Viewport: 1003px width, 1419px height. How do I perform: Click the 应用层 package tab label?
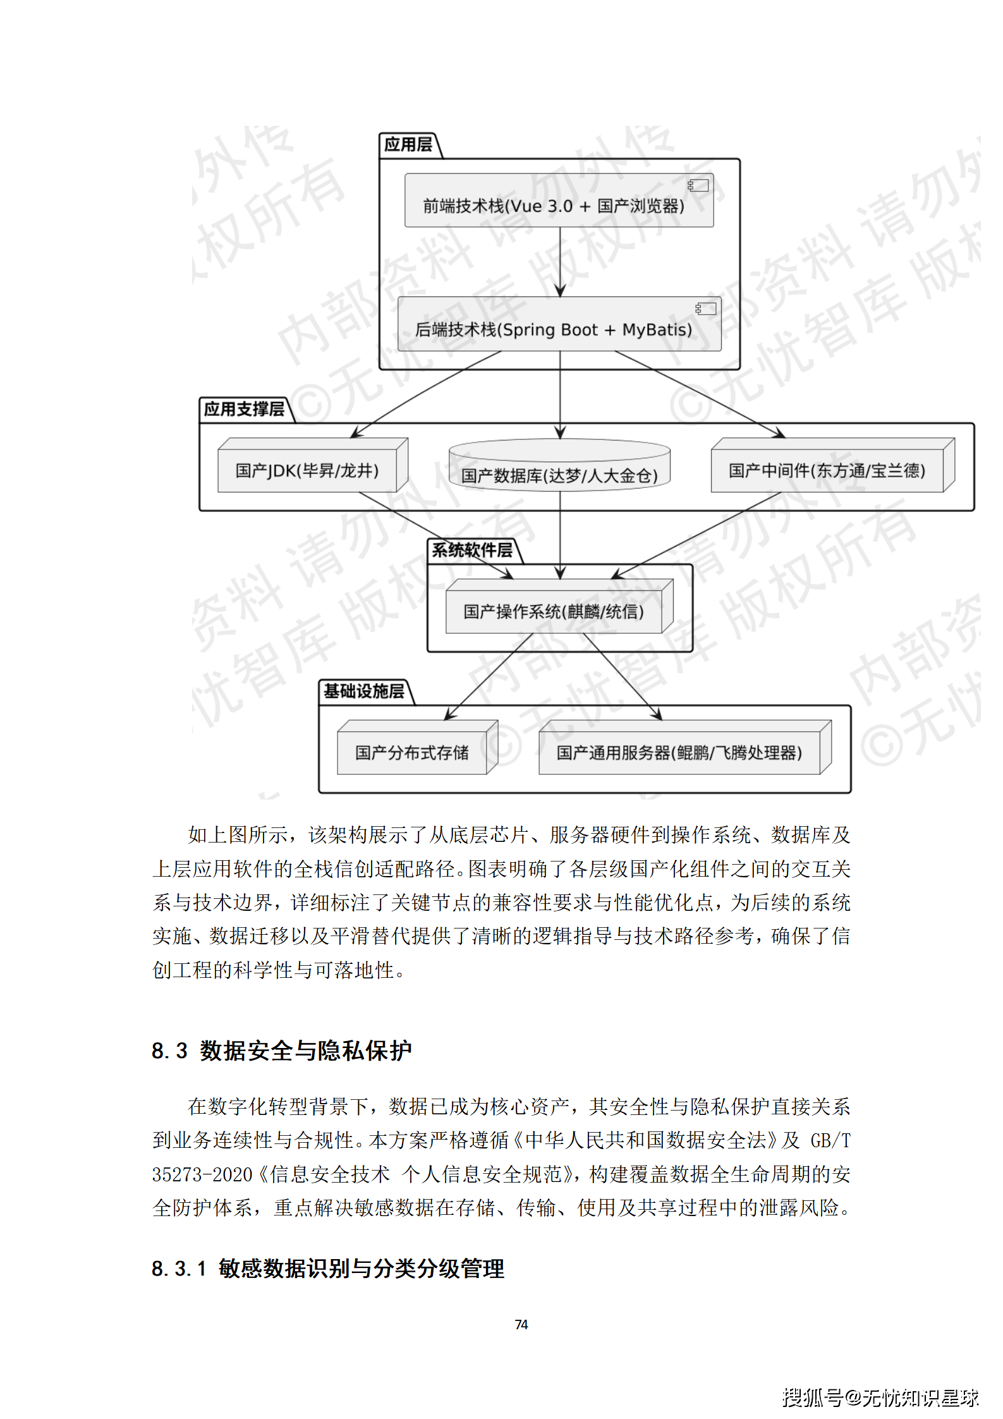(408, 145)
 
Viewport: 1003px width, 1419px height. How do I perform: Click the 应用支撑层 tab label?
(244, 410)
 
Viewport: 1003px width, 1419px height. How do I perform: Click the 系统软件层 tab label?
(472, 551)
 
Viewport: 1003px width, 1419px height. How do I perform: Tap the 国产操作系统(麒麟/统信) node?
(554, 611)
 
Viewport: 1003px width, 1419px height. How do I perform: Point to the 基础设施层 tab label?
(364, 691)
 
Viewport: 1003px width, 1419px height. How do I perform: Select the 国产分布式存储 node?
(412, 752)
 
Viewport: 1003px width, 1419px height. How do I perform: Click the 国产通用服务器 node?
(679, 752)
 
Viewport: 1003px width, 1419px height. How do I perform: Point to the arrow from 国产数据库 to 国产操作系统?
(560, 535)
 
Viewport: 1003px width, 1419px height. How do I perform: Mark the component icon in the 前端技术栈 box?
(698, 186)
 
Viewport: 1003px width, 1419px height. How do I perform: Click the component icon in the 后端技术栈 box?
(706, 308)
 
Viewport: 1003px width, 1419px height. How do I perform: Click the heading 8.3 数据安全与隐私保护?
(282, 1051)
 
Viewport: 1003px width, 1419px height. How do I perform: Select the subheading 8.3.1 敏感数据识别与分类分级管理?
(328, 1268)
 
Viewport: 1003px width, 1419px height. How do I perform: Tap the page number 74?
(521, 1324)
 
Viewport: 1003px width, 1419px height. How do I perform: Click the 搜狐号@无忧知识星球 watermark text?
(880, 1398)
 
